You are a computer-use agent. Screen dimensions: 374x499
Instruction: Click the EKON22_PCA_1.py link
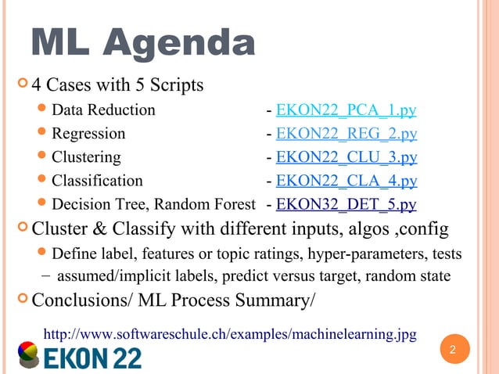[x=346, y=110]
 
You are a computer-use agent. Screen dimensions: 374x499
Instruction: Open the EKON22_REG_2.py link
[x=346, y=134]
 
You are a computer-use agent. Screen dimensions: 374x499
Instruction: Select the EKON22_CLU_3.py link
[x=346, y=157]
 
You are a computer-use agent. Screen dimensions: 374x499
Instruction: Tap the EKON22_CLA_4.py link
[x=346, y=182]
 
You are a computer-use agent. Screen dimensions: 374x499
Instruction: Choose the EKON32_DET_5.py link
[x=346, y=205]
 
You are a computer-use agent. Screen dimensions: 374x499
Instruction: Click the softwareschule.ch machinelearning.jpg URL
[x=229, y=335]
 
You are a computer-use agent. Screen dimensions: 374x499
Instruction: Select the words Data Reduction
[x=103, y=110]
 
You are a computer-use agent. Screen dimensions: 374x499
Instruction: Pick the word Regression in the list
[x=88, y=134]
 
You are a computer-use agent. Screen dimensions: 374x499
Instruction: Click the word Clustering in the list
[x=86, y=157]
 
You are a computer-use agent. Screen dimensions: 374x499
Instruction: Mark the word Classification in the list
[x=97, y=182]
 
